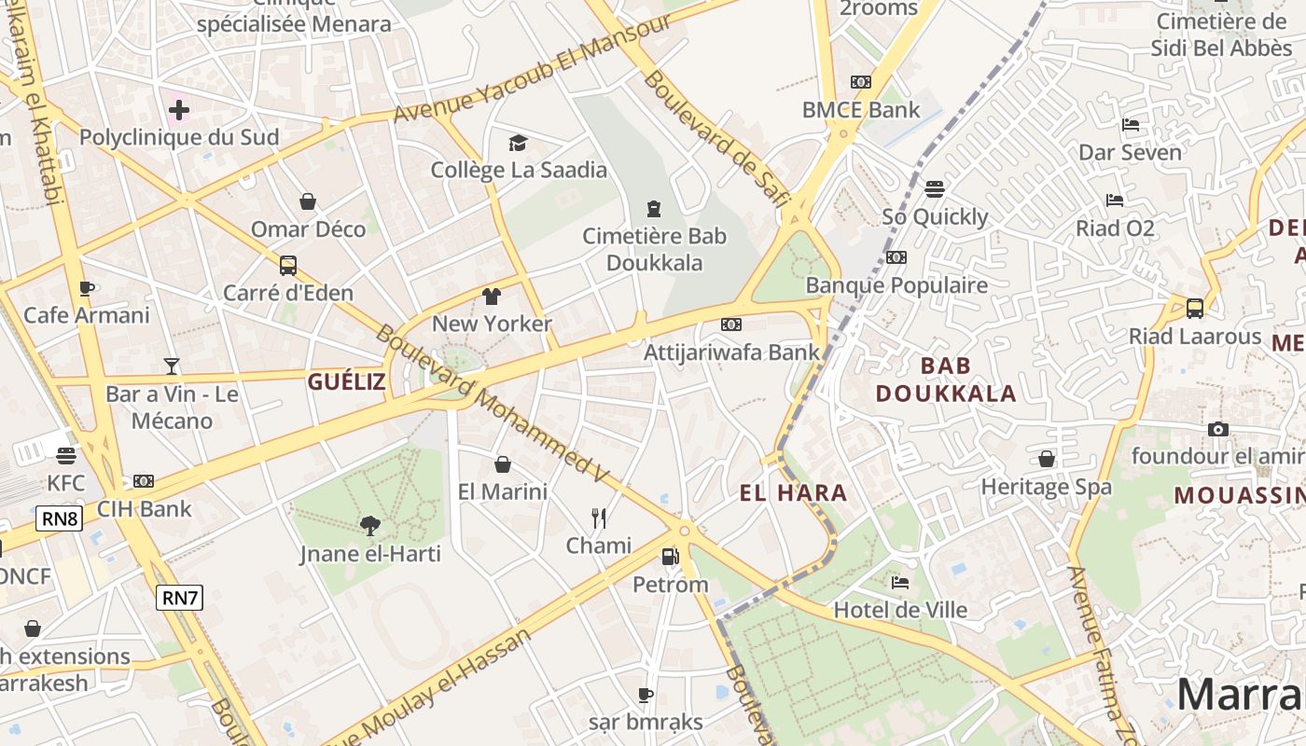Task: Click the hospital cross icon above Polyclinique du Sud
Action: tap(179, 110)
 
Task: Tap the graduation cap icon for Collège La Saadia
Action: tap(518, 143)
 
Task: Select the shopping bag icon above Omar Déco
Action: tap(308, 201)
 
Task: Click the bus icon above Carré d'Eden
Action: tap(288, 266)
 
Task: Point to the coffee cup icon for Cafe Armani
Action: tap(87, 288)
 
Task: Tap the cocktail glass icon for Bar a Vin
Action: tap(172, 366)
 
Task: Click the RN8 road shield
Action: tap(59, 518)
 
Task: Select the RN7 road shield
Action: tap(179, 598)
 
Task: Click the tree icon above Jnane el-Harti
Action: tap(370, 526)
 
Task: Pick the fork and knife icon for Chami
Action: tap(599, 518)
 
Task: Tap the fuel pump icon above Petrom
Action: tap(670, 557)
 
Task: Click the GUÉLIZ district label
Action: tap(347, 381)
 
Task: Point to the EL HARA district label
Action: tap(793, 493)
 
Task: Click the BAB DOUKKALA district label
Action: tap(946, 379)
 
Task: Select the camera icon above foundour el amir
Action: tap(1217, 429)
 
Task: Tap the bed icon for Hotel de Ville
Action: tap(900, 583)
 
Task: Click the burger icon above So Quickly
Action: tap(935, 189)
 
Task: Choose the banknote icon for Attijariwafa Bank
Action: tap(731, 325)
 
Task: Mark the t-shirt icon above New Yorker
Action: tap(492, 297)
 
